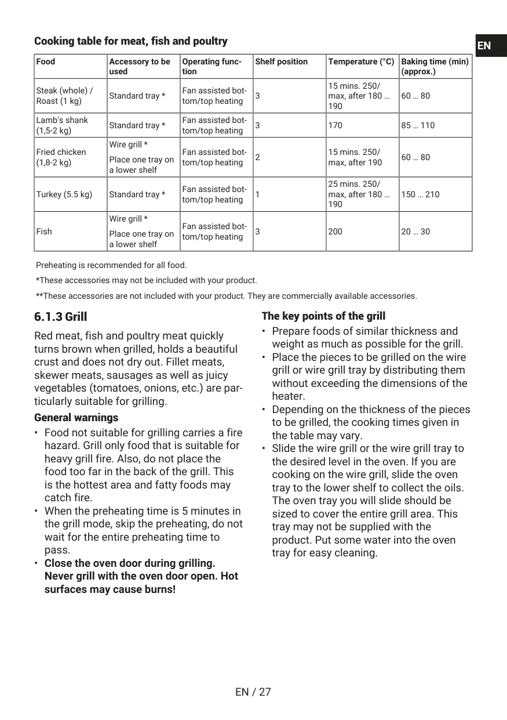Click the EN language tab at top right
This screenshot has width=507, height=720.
click(x=490, y=46)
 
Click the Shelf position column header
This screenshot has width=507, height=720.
click(x=282, y=61)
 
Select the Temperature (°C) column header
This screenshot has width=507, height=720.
click(x=361, y=61)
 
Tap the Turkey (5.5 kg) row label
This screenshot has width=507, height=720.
click(x=64, y=194)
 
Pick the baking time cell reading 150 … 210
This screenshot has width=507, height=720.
click(x=420, y=194)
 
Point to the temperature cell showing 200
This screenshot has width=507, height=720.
click(x=335, y=231)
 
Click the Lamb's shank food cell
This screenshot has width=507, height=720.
click(x=62, y=125)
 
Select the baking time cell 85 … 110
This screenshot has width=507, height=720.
click(x=418, y=125)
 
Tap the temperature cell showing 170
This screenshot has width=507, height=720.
click(x=335, y=125)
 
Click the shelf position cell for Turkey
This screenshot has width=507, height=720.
click(x=258, y=194)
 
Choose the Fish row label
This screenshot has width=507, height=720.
click(x=44, y=231)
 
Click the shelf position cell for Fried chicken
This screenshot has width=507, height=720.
click(x=258, y=157)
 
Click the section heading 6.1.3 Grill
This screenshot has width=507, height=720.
click(x=61, y=317)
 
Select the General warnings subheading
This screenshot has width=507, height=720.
click(x=76, y=418)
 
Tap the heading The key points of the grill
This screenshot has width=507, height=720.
click(x=323, y=316)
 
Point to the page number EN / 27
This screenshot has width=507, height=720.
click(x=253, y=692)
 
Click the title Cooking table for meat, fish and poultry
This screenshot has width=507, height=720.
click(x=131, y=41)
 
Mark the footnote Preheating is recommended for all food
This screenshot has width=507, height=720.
click(x=111, y=265)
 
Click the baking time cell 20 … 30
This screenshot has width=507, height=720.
click(x=415, y=231)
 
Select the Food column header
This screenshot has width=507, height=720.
click(x=46, y=61)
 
